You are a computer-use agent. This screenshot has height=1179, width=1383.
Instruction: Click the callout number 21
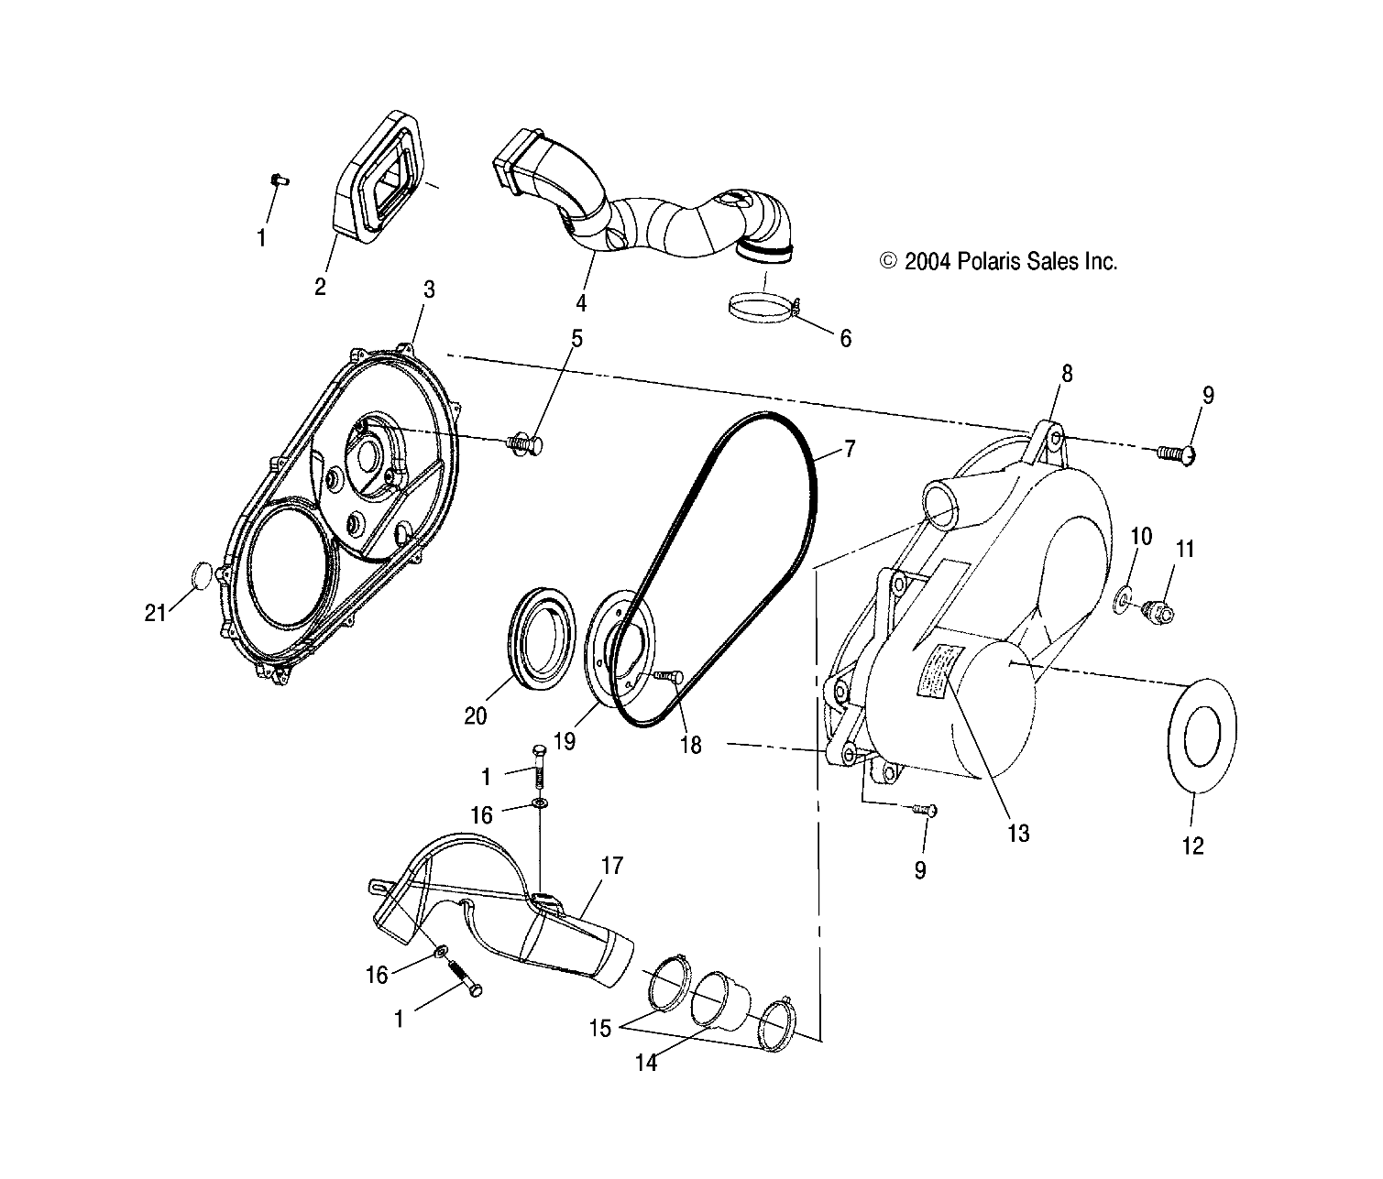156,613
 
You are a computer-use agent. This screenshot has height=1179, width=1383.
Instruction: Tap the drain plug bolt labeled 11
1157,610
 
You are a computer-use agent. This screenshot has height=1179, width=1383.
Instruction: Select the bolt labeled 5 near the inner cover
525,445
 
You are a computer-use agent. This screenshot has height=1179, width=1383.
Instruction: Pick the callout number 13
1018,833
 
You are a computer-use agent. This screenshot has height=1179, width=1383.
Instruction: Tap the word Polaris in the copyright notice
993,262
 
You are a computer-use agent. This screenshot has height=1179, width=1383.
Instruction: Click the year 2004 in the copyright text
927,262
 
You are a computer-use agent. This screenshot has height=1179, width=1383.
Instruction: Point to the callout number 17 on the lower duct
611,866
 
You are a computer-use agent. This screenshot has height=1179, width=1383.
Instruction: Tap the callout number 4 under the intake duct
581,302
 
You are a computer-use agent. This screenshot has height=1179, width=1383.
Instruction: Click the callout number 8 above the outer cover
1066,374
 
